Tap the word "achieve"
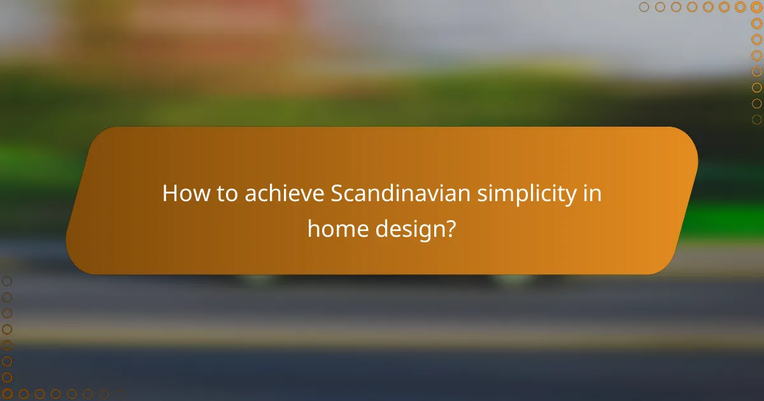click(282, 193)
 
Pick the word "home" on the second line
click(334, 227)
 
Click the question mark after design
click(450, 227)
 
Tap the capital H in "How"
click(169, 193)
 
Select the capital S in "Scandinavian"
click(337, 193)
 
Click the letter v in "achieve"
click(305, 195)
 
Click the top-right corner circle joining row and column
click(756, 7)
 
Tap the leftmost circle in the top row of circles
click(644, 7)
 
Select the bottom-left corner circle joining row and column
click(7, 394)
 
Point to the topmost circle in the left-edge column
click(7, 281)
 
